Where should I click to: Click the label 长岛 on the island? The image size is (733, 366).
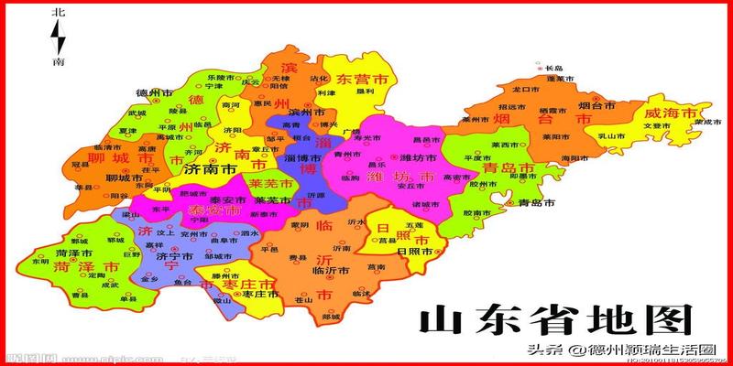pyautogui.click(x=553, y=69)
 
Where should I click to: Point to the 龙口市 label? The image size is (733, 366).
pyautogui.click(x=524, y=91)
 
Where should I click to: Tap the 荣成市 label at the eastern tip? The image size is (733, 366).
pyautogui.click(x=702, y=121)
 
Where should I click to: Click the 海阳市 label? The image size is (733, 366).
pyautogui.click(x=573, y=157)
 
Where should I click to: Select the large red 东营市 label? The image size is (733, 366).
pyautogui.click(x=359, y=80)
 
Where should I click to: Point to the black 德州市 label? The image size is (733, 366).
pyautogui.click(x=154, y=93)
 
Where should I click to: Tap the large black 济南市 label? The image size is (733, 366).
pyautogui.click(x=210, y=169)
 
